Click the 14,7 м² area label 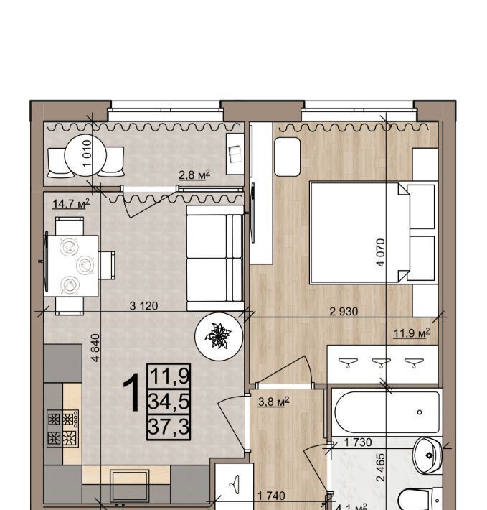tap(71, 204)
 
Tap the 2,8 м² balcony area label tap(194, 175)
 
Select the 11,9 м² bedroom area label tap(412, 333)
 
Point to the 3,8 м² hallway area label tap(273, 402)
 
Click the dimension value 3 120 tap(143, 306)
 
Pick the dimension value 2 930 tap(344, 312)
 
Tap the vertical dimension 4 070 tap(381, 252)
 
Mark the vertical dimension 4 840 tap(96, 348)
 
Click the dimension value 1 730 tap(358, 442)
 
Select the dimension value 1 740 tap(271, 496)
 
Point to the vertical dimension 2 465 tap(380, 468)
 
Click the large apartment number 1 tap(131, 392)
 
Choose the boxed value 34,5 tap(169, 402)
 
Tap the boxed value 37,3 tap(169, 427)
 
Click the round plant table tap(219, 337)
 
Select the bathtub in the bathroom tap(387, 412)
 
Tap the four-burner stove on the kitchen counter tap(62, 428)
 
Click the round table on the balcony tap(85, 155)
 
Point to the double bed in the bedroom tap(360, 233)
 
